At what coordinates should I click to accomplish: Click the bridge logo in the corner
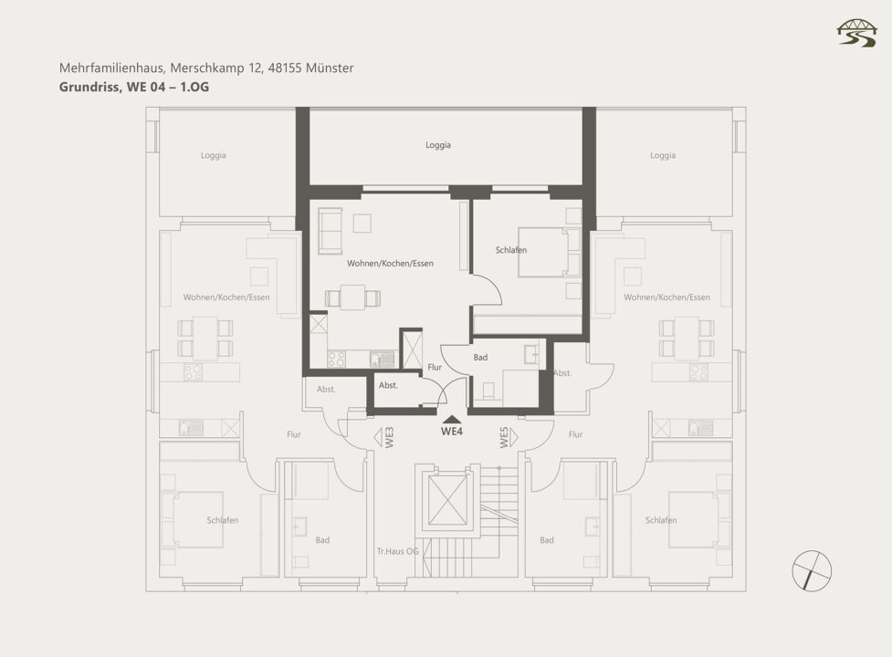pos(856,33)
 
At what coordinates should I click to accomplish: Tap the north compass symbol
pos(812,571)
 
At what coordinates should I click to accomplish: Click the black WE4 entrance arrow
pos(451,419)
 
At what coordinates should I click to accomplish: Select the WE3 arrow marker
pos(378,437)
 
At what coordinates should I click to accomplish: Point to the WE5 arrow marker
pos(514,437)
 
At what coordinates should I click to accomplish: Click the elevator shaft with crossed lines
pos(447,500)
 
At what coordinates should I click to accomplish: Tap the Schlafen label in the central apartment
pos(511,250)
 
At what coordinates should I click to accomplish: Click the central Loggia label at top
pos(438,145)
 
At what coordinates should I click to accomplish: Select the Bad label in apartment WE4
pos(481,358)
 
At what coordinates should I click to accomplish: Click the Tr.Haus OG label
pos(398,551)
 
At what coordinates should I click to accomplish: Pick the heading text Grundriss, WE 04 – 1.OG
pos(134,87)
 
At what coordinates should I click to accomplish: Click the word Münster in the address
pos(330,68)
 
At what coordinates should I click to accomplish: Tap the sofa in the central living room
pos(330,231)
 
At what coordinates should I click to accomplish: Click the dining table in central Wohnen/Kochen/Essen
pos(352,297)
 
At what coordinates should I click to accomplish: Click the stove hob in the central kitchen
pos(336,360)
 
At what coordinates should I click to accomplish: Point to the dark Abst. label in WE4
pos(388,385)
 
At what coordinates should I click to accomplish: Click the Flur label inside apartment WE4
pos(435,367)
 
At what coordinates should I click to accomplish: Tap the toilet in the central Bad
pos(488,391)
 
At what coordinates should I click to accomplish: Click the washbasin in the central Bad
pos(533,354)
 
